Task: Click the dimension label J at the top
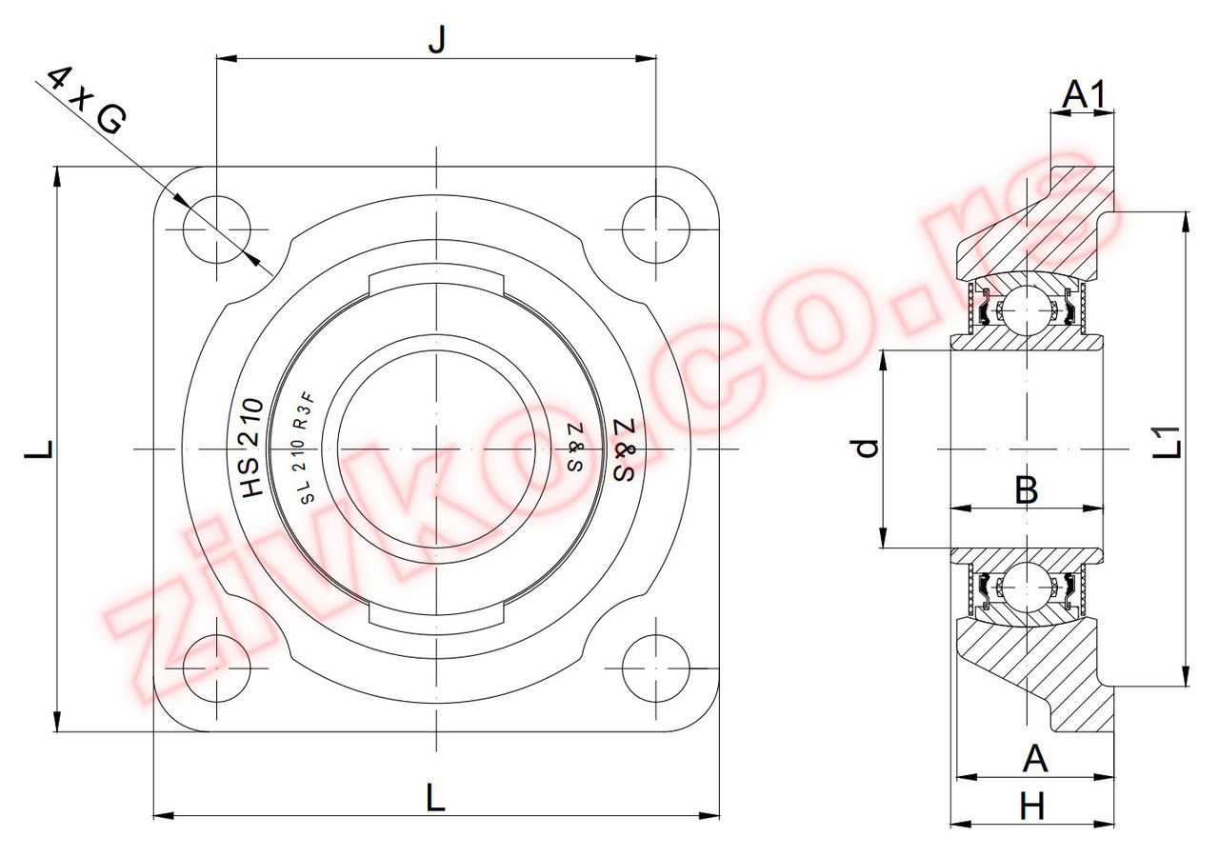tap(437, 40)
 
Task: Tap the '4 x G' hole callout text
tap(87, 100)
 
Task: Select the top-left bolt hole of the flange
tap(217, 229)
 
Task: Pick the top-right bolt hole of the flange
tap(656, 229)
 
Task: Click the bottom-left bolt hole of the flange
tap(217, 668)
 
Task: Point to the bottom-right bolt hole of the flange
tap(656, 668)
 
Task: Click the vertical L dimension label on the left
tap(39, 448)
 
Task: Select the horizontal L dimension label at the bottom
tap(435, 798)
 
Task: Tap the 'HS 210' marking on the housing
tap(253, 448)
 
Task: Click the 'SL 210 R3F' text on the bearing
tap(308, 448)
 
